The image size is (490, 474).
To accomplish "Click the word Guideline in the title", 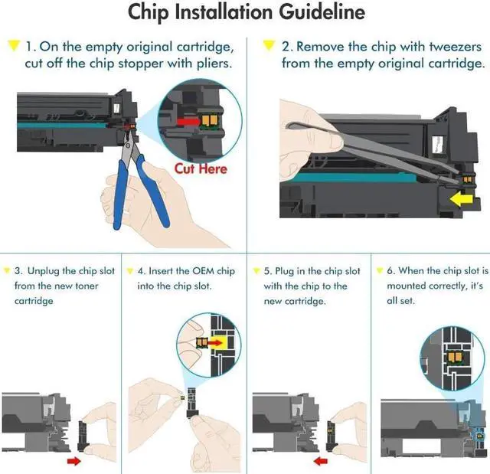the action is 322,13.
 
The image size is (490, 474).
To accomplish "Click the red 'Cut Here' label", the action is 201,168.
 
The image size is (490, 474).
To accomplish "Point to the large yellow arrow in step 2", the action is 462,199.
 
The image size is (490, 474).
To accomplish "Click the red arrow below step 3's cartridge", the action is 74,461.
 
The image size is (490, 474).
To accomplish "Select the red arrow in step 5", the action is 321,461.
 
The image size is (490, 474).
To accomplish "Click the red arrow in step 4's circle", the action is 214,343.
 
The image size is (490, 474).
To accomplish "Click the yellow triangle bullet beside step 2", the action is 269,45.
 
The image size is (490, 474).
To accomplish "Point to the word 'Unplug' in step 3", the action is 44,271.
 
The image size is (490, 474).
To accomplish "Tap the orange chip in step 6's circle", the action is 454,356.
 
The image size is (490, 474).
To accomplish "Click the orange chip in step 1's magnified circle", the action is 210,120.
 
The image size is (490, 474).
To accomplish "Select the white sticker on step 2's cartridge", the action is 437,145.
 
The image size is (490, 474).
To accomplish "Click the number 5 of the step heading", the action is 266,271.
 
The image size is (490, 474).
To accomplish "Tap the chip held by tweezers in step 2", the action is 467,179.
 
